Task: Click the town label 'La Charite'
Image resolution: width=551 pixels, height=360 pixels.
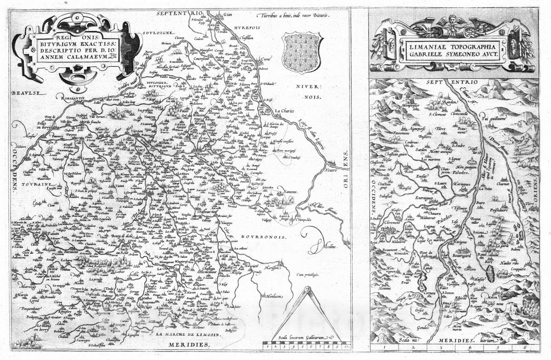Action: [x=284, y=111]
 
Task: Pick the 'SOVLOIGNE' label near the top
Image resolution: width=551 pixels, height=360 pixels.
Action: [x=156, y=33]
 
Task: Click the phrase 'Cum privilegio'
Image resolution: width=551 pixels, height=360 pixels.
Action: [x=308, y=275]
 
